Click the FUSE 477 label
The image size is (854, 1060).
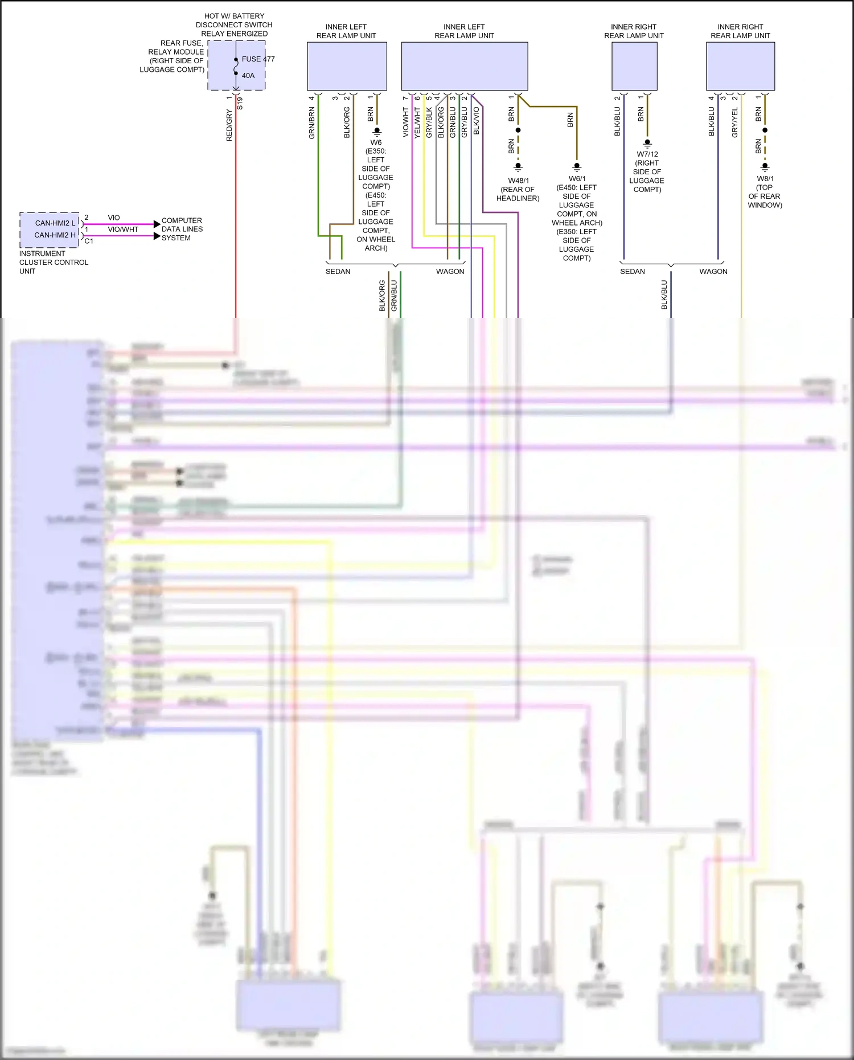[x=258, y=59]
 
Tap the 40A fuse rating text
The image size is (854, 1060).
[x=248, y=76]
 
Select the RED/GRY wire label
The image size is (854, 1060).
[x=229, y=126]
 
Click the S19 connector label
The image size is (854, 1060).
[x=240, y=104]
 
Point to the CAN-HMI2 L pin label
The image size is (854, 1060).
[x=55, y=223]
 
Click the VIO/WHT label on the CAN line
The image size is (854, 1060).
[x=123, y=230]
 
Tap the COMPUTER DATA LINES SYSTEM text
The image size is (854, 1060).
[x=182, y=229]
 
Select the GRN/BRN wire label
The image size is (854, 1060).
[x=312, y=124]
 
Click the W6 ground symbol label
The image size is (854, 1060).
[x=376, y=142]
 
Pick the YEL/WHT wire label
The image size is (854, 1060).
[x=417, y=123]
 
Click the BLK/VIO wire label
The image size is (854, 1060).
[x=477, y=121]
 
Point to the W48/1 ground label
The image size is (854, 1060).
[x=518, y=181]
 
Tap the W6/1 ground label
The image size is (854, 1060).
[x=577, y=179]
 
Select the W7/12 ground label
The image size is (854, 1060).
[x=647, y=154]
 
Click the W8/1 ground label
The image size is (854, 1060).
[x=765, y=179]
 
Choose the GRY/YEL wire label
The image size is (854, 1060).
[x=735, y=122]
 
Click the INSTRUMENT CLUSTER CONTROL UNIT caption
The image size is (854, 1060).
[x=54, y=263]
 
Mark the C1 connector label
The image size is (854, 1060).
[x=89, y=241]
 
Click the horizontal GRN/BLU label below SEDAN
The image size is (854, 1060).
[x=394, y=296]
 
